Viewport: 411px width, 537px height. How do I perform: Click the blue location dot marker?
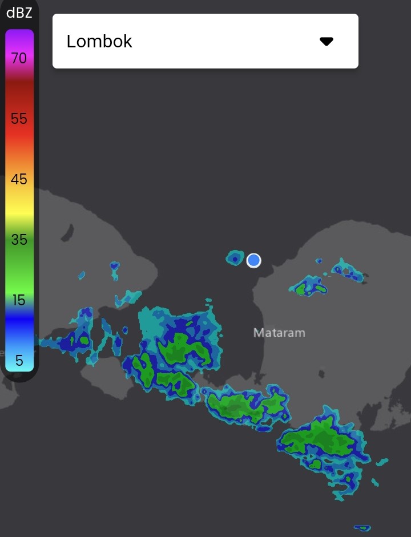(254, 261)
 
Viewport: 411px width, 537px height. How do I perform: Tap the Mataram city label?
(279, 332)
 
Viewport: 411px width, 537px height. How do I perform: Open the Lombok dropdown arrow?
(326, 41)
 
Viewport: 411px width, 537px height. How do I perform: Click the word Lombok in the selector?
(99, 41)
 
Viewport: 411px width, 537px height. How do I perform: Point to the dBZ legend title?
(19, 13)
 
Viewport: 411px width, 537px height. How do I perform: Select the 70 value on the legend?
(19, 58)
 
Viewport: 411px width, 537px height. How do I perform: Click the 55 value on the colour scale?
(19, 119)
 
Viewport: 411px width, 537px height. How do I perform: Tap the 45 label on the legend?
(19, 179)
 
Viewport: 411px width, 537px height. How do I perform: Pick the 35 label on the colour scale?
(19, 240)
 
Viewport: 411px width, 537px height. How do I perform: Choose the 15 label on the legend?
(19, 300)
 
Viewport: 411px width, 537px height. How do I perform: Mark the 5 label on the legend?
(19, 361)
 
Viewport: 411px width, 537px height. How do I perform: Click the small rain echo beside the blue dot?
(235, 258)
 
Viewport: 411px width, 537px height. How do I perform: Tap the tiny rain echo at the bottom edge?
(362, 528)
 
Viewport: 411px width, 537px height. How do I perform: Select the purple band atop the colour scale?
(19, 37)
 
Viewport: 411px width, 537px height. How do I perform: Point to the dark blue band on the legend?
(19, 325)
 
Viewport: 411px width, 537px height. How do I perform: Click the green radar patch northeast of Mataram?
(309, 286)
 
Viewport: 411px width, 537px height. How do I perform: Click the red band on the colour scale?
(19, 134)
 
